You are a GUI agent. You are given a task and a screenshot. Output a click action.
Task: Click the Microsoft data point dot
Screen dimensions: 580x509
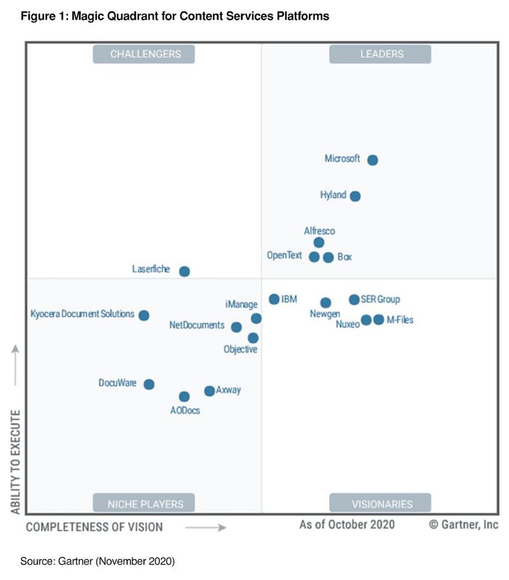point(373,160)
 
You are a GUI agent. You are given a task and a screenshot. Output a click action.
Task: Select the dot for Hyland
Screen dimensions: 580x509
point(355,196)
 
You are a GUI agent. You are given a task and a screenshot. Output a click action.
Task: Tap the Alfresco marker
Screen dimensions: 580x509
point(319,242)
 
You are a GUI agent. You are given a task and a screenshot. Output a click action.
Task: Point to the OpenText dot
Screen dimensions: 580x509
point(314,257)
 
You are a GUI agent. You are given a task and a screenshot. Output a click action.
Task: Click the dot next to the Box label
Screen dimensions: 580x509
point(328,258)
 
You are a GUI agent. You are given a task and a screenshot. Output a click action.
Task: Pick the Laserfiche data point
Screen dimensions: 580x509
point(185,271)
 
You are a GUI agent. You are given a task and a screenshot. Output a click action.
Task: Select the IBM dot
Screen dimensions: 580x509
point(274,299)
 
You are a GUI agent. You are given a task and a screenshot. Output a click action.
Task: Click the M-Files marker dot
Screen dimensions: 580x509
point(378,320)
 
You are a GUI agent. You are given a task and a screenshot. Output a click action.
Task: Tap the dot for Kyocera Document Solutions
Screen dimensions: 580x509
point(144,316)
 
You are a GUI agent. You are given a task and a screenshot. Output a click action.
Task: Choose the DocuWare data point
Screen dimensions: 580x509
point(149,384)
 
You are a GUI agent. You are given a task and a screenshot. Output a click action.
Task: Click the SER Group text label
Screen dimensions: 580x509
point(380,300)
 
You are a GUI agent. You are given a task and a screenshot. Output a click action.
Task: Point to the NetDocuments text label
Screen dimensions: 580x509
point(197,325)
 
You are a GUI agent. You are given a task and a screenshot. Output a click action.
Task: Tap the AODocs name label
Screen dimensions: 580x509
point(185,410)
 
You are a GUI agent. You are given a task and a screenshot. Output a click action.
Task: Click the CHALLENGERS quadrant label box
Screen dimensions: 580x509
point(144,54)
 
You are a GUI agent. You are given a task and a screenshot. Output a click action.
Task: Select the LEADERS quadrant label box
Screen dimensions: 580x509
point(381,54)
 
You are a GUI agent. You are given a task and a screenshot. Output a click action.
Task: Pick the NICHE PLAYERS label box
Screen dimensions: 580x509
point(144,503)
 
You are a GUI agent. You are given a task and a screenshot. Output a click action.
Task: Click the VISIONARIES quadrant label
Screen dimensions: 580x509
point(381,503)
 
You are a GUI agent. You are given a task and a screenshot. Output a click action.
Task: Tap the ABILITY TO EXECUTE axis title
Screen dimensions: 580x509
point(16,462)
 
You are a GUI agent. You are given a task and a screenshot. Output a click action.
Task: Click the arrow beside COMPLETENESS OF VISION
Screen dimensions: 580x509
point(205,527)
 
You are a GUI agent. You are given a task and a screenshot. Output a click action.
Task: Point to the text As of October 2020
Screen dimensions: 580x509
point(346,525)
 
